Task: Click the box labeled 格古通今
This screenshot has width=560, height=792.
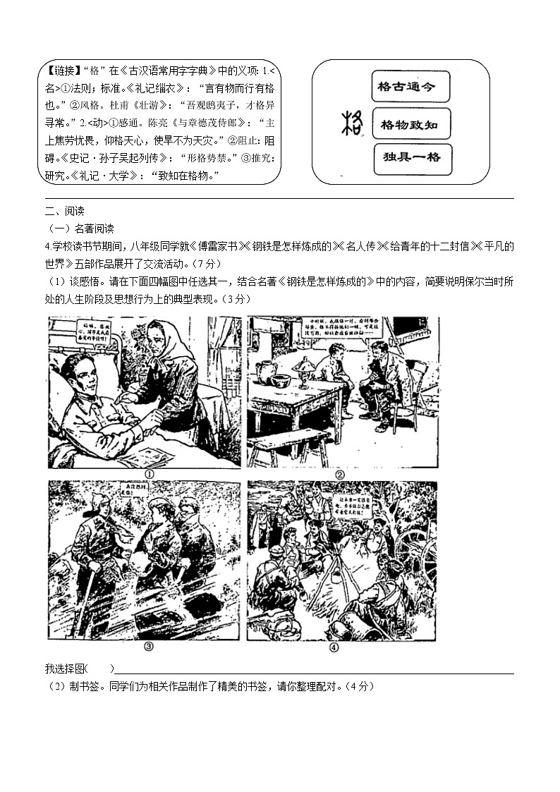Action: pyautogui.click(x=410, y=87)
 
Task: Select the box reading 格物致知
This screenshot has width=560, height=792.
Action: pyautogui.click(x=410, y=124)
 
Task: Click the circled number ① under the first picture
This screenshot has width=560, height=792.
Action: pyautogui.click(x=149, y=474)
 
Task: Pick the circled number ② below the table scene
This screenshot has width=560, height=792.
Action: pyautogui.click(x=339, y=474)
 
